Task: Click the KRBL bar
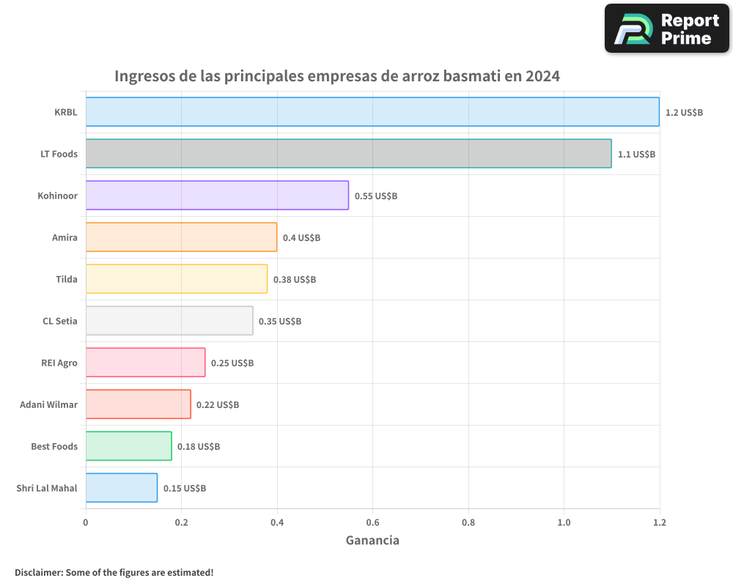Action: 372,112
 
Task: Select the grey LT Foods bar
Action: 348,154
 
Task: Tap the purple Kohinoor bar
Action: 217,196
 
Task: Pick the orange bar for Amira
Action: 181,237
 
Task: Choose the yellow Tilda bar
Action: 177,279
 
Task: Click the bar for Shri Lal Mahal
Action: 122,488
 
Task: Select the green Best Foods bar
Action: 129,446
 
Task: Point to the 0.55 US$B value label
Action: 375,196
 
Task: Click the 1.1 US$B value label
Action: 636,155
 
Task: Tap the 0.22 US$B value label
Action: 218,405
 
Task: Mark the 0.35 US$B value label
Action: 280,322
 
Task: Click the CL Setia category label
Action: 60,321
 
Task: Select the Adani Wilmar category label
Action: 48,404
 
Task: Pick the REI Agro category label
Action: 59,363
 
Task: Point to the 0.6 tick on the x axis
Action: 372,522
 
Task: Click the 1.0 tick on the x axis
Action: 564,522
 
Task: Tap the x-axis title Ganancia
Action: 372,541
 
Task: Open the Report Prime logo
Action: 666,29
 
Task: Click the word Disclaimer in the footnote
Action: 38,572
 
